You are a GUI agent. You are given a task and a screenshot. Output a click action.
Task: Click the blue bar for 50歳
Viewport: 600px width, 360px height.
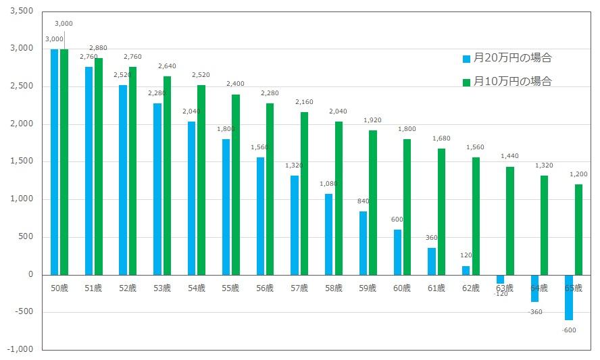(x=54, y=162)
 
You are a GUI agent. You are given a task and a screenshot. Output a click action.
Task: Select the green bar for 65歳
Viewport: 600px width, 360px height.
(x=578, y=230)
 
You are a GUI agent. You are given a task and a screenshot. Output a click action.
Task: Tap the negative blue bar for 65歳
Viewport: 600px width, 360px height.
(x=569, y=297)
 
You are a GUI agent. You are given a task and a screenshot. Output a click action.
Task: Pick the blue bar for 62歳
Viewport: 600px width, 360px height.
(x=466, y=270)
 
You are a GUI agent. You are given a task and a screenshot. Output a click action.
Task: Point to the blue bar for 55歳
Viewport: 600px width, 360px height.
(x=226, y=207)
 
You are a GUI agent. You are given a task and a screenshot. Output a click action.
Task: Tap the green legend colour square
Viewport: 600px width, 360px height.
(x=466, y=82)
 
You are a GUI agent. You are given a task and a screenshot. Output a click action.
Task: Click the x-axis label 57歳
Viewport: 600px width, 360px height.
(x=299, y=288)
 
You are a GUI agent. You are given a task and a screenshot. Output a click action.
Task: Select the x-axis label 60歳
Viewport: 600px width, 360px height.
(x=402, y=288)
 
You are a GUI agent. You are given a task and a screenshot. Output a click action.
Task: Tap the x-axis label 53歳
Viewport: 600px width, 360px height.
(x=162, y=288)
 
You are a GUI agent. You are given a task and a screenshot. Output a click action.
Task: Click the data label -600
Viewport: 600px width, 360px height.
(x=568, y=330)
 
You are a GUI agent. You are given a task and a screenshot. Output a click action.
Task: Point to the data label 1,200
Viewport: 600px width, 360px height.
(x=578, y=174)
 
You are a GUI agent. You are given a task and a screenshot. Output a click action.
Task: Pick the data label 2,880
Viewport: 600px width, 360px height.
(x=99, y=48)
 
